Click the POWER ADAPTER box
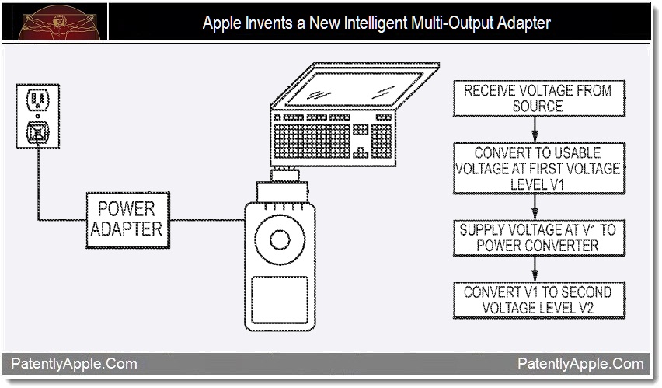tap(128, 220)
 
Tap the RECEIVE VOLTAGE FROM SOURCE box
tap(538, 99)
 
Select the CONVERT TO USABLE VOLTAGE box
tap(538, 168)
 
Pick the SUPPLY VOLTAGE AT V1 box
tap(538, 237)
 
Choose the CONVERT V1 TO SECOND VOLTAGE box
tap(538, 300)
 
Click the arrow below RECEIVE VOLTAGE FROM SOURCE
tap(535, 130)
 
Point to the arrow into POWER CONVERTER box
tap(535, 207)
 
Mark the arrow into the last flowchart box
tap(535, 269)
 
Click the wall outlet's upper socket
tap(37, 100)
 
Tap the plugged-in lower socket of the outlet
tap(37, 132)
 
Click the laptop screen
tap(355, 89)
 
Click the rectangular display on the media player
tap(280, 299)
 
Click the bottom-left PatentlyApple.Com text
tap(74, 363)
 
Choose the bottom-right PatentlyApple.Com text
tap(580, 363)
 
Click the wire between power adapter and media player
tap(207, 220)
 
